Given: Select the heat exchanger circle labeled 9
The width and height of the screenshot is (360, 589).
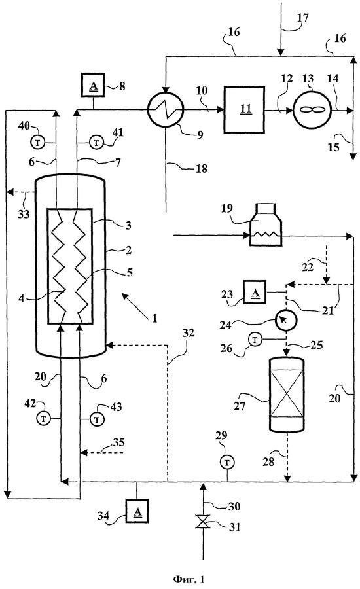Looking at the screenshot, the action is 166,110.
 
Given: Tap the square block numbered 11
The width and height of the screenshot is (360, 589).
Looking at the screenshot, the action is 244,109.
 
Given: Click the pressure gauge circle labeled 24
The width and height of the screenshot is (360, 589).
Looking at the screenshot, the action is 285,320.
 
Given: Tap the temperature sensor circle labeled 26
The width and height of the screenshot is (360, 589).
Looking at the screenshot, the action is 255,340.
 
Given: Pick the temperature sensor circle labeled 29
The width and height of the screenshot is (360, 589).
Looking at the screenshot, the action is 227,463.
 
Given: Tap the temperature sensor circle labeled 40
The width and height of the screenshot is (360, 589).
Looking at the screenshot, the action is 37,143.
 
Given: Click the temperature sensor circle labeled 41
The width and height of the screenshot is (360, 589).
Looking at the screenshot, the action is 97,143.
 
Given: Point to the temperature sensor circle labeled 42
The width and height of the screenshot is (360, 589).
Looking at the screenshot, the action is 44,419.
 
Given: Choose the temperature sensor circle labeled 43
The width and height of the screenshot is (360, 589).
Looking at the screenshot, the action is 98,419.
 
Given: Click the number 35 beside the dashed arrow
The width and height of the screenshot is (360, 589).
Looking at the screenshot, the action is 118,442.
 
